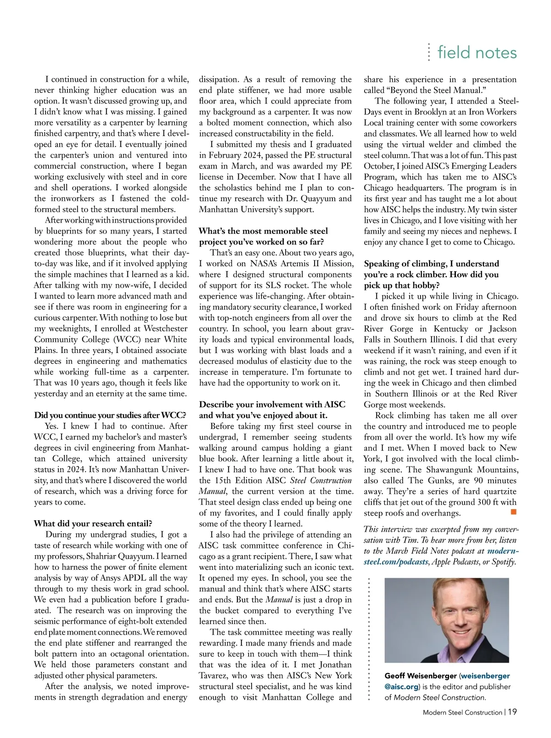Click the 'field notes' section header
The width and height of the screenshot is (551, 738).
click(x=477, y=52)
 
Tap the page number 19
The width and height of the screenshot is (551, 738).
click(x=512, y=712)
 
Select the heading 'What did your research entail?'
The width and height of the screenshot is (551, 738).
click(x=93, y=523)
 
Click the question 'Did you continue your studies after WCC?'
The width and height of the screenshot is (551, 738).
click(x=110, y=415)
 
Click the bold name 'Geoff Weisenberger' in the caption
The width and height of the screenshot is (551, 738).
click(x=420, y=676)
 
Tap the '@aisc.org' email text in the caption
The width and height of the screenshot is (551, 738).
click(x=401, y=687)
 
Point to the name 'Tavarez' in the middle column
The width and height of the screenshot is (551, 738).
click(x=214, y=676)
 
